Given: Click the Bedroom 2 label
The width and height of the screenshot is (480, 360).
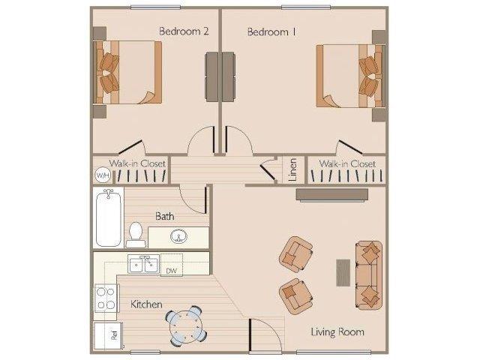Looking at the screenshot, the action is coord(184,31).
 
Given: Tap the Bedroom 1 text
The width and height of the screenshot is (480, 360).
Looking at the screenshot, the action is coord(271,31).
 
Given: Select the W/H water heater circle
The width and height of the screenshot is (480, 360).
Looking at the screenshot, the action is coord(103,175).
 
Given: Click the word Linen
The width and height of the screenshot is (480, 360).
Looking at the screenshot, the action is coord(292,170).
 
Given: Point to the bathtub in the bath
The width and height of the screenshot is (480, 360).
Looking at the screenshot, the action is coord(108,217).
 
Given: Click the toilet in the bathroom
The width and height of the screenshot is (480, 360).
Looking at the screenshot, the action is coord(136,235).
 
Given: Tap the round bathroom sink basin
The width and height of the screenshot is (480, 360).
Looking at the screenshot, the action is coord(178,236).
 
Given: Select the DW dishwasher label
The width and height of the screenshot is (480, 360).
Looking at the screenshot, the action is coord(172,271).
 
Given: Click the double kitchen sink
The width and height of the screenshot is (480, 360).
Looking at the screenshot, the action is coord(143,264).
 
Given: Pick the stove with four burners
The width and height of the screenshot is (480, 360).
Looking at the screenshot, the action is coord(106,298).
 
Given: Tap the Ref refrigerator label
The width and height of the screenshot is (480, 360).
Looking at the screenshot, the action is coord(115,335).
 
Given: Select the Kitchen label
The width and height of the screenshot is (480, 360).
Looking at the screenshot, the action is coord(146,304).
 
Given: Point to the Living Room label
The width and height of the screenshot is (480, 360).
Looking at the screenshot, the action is coord(337,331).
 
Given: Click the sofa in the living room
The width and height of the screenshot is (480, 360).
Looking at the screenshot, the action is coord(369,275).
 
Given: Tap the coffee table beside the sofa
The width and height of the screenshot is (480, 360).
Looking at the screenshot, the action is coord(343,273).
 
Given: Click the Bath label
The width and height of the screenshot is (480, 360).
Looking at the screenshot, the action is coord(165,217).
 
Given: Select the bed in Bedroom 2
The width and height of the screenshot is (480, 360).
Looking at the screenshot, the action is coord(127,72).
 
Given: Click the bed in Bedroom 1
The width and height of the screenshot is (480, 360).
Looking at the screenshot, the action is coord(350,76).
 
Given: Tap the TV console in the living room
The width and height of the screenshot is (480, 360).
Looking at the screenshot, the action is coord(332,195).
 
